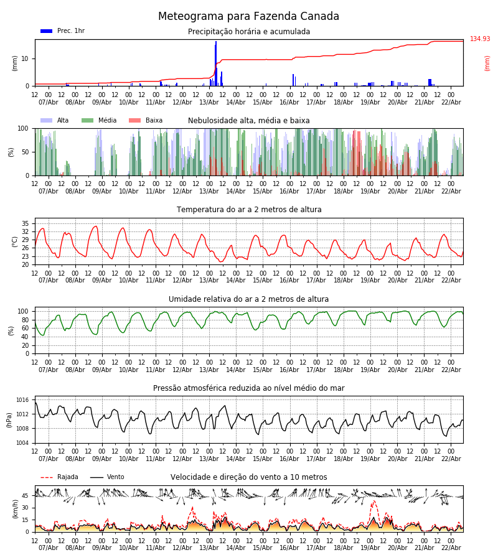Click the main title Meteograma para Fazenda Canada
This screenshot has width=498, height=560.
(x=248, y=17)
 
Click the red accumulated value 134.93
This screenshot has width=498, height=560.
(x=480, y=39)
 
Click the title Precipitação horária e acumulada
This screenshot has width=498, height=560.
(x=248, y=32)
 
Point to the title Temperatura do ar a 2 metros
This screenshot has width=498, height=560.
(x=248, y=210)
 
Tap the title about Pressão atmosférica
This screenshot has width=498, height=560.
(x=248, y=388)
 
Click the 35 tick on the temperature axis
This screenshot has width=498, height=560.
(x=26, y=223)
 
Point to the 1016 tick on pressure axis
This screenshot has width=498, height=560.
(x=22, y=400)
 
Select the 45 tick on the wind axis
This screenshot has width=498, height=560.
(x=26, y=496)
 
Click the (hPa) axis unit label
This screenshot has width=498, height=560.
(x=10, y=419)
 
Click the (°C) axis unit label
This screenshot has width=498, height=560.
(x=16, y=241)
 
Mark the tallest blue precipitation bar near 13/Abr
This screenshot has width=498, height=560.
(x=216, y=62)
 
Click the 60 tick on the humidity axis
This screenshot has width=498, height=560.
(x=24, y=328)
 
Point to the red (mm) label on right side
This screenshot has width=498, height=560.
(x=487, y=63)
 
